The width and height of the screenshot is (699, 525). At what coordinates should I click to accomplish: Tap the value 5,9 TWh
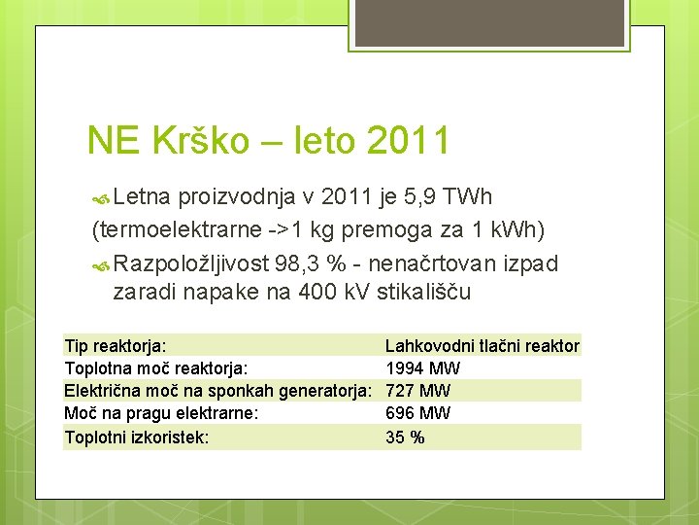click(x=449, y=197)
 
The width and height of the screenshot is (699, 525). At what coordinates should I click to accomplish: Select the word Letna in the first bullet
click(x=142, y=197)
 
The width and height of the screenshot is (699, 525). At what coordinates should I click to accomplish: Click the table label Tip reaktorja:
click(x=115, y=346)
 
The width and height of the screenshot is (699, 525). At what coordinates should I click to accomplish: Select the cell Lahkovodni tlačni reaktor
click(x=482, y=346)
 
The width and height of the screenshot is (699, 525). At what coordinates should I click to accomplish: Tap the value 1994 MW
click(x=422, y=368)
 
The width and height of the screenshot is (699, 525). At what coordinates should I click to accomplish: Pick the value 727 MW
click(x=417, y=391)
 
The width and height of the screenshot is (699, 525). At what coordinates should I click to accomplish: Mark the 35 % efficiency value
click(x=405, y=437)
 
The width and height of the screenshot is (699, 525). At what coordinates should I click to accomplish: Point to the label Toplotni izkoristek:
click(x=136, y=437)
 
